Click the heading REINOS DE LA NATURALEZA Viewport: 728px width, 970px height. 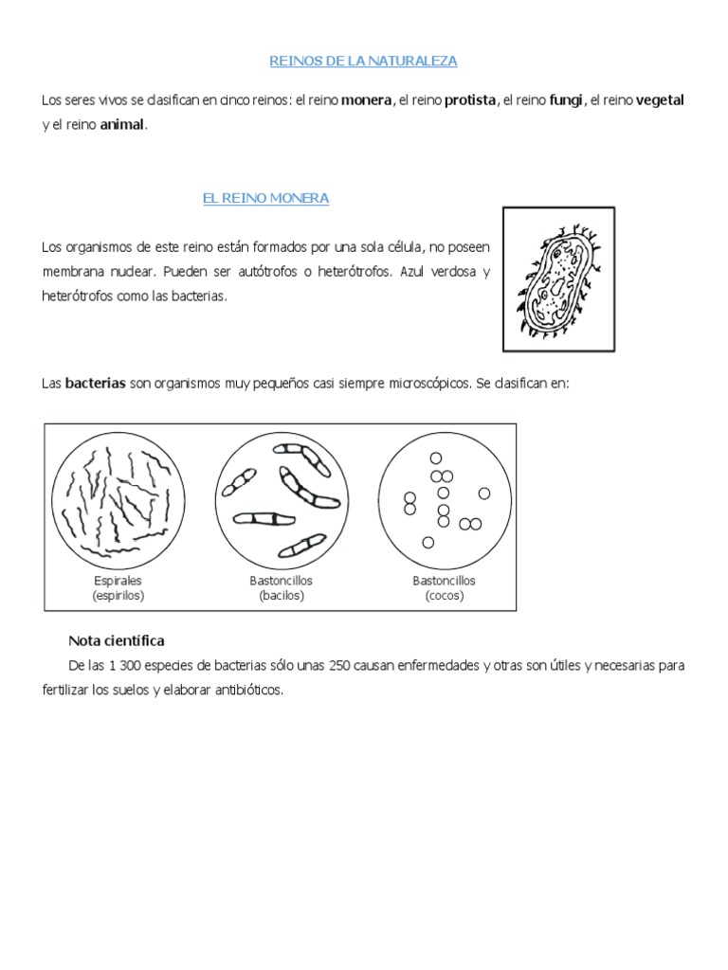364,61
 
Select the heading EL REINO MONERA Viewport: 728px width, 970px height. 265,198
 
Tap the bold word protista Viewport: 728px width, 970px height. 470,100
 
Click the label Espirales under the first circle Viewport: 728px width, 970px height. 118,580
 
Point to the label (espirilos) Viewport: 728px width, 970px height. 118,596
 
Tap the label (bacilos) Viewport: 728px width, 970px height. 281,596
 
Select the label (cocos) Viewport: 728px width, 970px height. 444,596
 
